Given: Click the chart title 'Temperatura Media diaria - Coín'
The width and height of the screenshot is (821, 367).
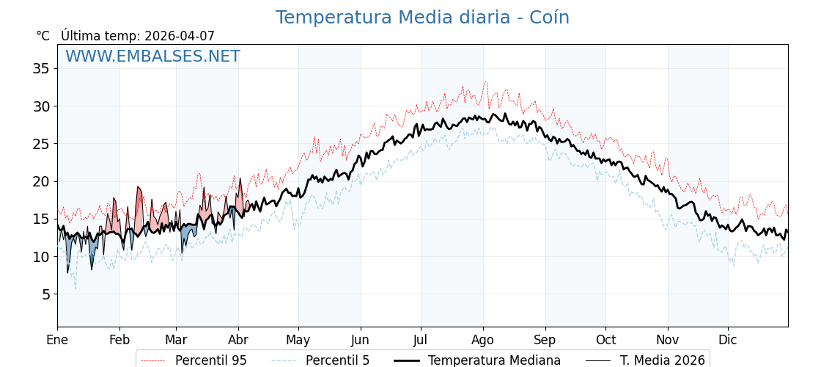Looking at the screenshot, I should click(422, 18).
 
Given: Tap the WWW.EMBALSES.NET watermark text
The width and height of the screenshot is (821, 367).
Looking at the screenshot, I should click(152, 57).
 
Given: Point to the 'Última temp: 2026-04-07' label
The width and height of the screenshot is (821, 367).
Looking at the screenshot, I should click(138, 36).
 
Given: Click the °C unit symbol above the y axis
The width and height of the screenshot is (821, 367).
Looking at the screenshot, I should click(43, 36).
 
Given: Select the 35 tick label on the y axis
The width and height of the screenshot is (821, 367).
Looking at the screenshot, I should click(41, 68).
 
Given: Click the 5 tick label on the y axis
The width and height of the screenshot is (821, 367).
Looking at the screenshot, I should click(45, 294).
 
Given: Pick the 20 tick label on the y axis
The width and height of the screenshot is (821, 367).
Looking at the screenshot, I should click(41, 181).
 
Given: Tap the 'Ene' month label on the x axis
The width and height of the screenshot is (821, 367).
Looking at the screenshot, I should click(57, 341).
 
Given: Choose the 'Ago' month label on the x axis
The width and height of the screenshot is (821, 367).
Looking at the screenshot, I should click(482, 341).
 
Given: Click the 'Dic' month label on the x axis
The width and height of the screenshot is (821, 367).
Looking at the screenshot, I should click(728, 341).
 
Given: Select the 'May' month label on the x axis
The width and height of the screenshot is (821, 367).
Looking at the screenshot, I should click(298, 341).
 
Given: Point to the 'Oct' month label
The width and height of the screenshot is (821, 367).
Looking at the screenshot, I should click(605, 341).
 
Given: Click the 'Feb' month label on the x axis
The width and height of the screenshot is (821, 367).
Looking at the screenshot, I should click(119, 341).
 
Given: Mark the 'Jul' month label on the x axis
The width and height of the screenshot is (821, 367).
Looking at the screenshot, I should click(421, 341).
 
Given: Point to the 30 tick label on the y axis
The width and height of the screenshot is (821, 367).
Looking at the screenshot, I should click(41, 106).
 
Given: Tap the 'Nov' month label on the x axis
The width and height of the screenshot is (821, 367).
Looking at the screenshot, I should click(668, 341).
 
